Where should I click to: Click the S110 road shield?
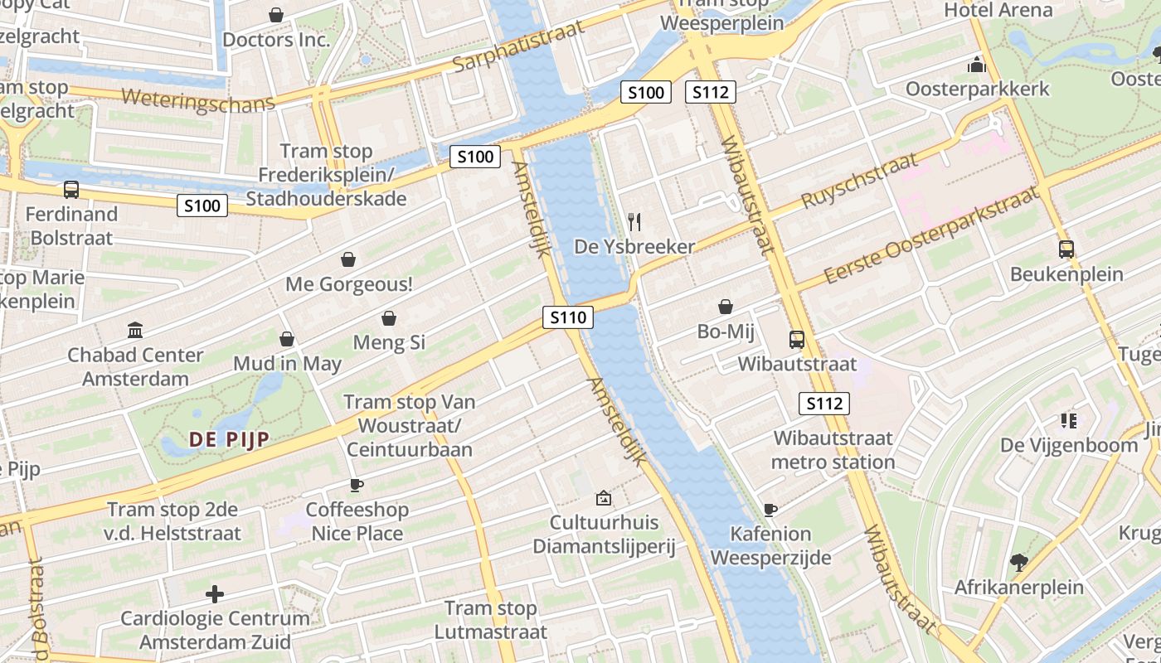tap(568, 317)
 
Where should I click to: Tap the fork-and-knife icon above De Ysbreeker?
tap(634, 221)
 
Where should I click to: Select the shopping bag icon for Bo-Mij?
tap(726, 307)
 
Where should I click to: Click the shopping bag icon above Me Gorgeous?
tap(348, 259)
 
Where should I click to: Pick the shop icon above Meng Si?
tap(388, 318)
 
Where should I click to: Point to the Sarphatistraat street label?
tap(519, 46)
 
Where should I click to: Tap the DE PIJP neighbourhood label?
tap(229, 439)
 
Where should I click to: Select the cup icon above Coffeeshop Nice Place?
tap(357, 485)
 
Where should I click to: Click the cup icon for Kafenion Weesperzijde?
tap(770, 510)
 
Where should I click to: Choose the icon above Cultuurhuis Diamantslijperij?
tap(604, 498)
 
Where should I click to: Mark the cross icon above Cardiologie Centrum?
tap(215, 594)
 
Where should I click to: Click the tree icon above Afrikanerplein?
tap(1018, 563)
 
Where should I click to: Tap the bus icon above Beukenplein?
tap(1066, 249)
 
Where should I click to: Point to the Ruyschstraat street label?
tap(859, 181)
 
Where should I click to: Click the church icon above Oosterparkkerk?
tap(977, 65)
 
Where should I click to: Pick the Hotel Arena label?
tap(998, 11)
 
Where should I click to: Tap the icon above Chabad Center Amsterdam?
tap(135, 331)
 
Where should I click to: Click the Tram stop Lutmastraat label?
tap(491, 620)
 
